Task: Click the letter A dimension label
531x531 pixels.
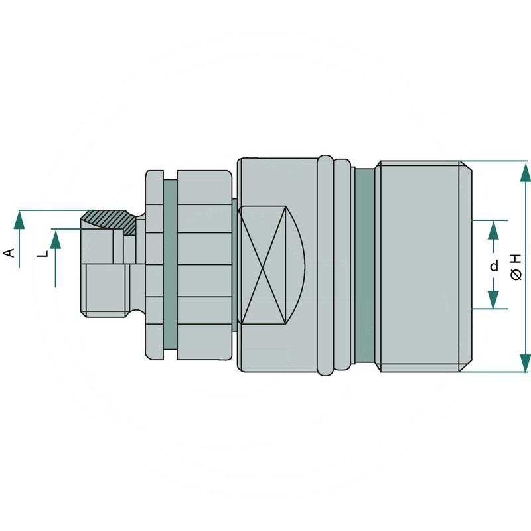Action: (x=9, y=252)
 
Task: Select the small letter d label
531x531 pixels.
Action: (x=494, y=265)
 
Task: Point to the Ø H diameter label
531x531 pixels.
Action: (x=517, y=265)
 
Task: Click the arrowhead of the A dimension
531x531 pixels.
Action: (x=20, y=220)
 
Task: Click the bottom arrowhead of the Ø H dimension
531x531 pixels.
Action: (x=525, y=362)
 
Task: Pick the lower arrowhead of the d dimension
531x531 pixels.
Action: (x=493, y=299)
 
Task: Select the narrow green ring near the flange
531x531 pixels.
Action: (x=169, y=265)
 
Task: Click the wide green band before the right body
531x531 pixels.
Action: (x=364, y=265)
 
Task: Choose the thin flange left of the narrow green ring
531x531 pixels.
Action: (x=154, y=265)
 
